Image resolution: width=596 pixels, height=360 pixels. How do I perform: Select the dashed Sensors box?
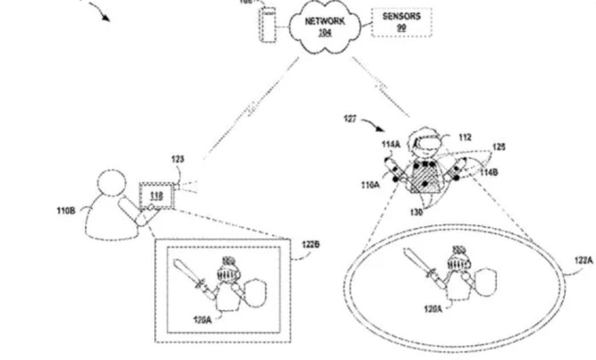pos(401,22)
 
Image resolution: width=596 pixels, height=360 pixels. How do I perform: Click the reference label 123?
pos(178,159)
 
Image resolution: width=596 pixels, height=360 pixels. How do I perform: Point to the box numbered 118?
pos(156,196)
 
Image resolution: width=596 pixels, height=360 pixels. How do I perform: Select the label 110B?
pos(65,210)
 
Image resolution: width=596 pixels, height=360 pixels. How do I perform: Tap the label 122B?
pos(311,245)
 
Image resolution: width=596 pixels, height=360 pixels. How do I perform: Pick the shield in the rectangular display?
pos(255,292)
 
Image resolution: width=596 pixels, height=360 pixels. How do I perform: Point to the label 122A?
pos(583,260)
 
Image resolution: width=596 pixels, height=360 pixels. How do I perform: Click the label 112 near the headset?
pos(465,137)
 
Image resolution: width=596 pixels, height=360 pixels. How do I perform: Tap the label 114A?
pos(390,145)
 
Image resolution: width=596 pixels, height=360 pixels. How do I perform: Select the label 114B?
pos(488,172)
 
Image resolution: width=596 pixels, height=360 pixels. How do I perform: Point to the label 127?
pos(351,118)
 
